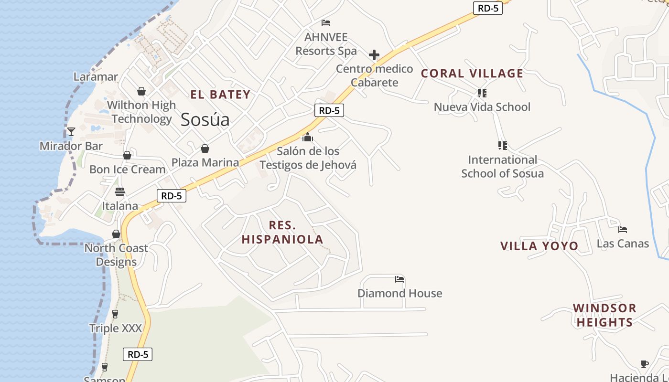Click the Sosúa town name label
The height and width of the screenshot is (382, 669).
click(205, 120)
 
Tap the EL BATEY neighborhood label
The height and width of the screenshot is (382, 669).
click(220, 95)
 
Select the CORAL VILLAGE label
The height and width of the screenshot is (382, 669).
click(472, 74)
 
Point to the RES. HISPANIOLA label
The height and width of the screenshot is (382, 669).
click(282, 232)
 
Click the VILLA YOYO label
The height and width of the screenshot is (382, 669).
click(539, 246)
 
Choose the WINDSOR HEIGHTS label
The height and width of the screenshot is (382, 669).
click(604, 315)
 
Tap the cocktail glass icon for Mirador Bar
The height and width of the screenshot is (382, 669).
click(71, 132)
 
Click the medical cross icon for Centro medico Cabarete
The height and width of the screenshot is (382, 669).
click(374, 55)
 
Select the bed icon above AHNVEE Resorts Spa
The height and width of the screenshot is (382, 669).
click(326, 23)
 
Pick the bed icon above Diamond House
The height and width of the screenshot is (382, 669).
click(399, 279)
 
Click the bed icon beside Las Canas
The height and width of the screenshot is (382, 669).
click(623, 230)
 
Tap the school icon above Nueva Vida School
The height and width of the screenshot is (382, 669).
click(482, 93)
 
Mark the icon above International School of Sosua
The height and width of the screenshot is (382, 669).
click(502, 145)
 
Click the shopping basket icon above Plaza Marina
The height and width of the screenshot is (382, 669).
click(205, 149)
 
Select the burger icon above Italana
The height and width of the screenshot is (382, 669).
click(120, 192)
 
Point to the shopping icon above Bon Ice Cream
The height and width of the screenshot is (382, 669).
click(127, 155)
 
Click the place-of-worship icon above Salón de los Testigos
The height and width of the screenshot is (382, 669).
click(308, 138)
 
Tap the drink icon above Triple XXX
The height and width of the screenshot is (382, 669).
click(115, 314)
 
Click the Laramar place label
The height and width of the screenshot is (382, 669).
click(96, 76)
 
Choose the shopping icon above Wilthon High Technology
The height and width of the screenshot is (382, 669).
click(141, 91)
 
